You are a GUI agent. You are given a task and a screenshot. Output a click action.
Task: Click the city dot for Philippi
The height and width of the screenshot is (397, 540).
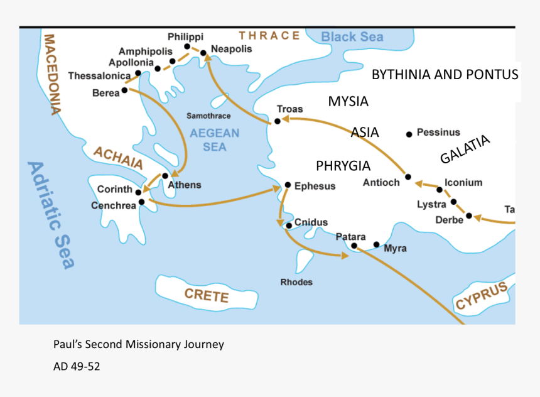coord(187,46)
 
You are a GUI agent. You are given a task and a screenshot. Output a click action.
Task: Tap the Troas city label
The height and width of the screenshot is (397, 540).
coord(289,109)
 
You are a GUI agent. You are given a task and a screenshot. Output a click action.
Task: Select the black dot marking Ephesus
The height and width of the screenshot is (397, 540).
coord(288,185)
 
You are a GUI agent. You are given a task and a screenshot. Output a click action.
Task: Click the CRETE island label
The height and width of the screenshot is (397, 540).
coord(206,295)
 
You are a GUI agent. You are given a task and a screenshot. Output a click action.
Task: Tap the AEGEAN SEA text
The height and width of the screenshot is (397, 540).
coord(215,139)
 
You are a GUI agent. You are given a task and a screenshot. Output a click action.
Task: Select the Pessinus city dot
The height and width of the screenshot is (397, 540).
coord(409,133)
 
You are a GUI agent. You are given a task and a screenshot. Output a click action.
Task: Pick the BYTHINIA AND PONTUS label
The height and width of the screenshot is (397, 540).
coord(445,75)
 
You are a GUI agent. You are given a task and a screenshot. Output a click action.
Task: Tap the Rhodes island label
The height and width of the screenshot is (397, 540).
coord(296,282)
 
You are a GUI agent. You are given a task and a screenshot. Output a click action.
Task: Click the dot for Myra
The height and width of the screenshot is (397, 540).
coord(377,244)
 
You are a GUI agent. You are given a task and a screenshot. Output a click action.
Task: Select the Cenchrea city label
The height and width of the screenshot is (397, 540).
coord(112,205)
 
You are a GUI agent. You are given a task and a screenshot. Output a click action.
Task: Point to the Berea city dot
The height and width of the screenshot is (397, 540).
coord(124,90)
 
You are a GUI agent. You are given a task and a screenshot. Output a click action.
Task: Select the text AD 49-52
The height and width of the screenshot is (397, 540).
coord(77,366)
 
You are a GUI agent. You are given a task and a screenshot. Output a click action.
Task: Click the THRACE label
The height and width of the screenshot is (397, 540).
coord(269,35)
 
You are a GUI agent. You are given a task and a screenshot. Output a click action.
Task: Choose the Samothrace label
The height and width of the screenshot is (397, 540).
coord(208,116)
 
